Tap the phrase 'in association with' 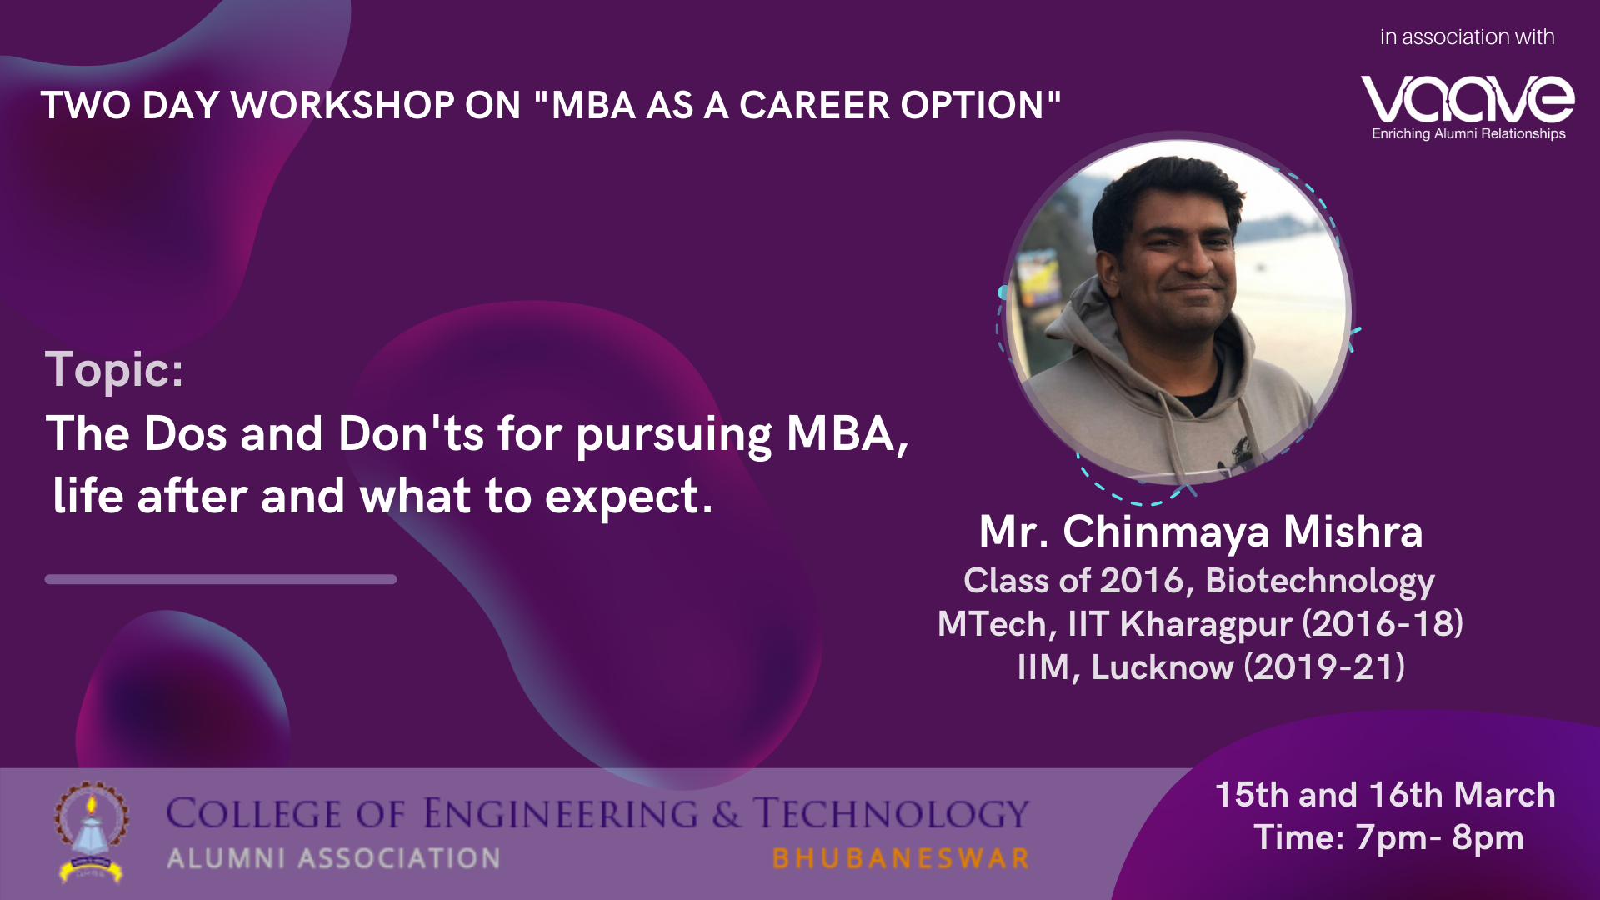tap(1467, 37)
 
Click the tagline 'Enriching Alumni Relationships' tap(1468, 133)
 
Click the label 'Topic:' tap(114, 369)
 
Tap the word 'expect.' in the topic tap(629, 497)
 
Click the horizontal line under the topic tap(221, 579)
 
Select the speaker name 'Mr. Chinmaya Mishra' tap(1201, 532)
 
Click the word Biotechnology tap(1320, 582)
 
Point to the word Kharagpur tap(1205, 625)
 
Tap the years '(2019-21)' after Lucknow tap(1324, 667)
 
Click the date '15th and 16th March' tap(1385, 795)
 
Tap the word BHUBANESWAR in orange tap(901, 858)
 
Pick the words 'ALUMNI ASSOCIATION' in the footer tap(333, 858)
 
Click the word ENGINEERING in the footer tap(560, 814)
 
